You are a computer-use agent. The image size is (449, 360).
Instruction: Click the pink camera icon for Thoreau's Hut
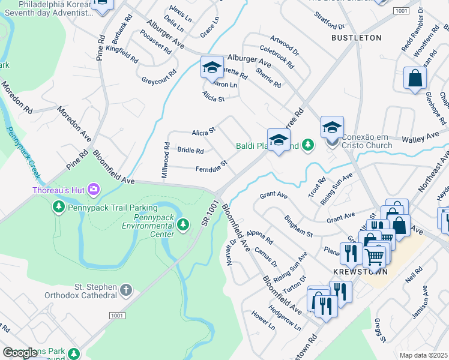pos(93,191)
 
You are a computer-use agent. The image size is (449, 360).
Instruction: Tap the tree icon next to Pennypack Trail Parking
pos(58,207)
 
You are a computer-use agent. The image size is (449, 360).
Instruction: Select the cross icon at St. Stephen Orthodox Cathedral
pos(125,290)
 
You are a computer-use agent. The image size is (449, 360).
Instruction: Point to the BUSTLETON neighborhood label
pos(356,37)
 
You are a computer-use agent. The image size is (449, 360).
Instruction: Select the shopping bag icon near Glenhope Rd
pos(415,78)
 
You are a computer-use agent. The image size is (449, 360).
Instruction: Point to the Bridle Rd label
pos(190,151)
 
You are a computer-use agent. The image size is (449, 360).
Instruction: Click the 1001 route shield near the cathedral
pos(116,316)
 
